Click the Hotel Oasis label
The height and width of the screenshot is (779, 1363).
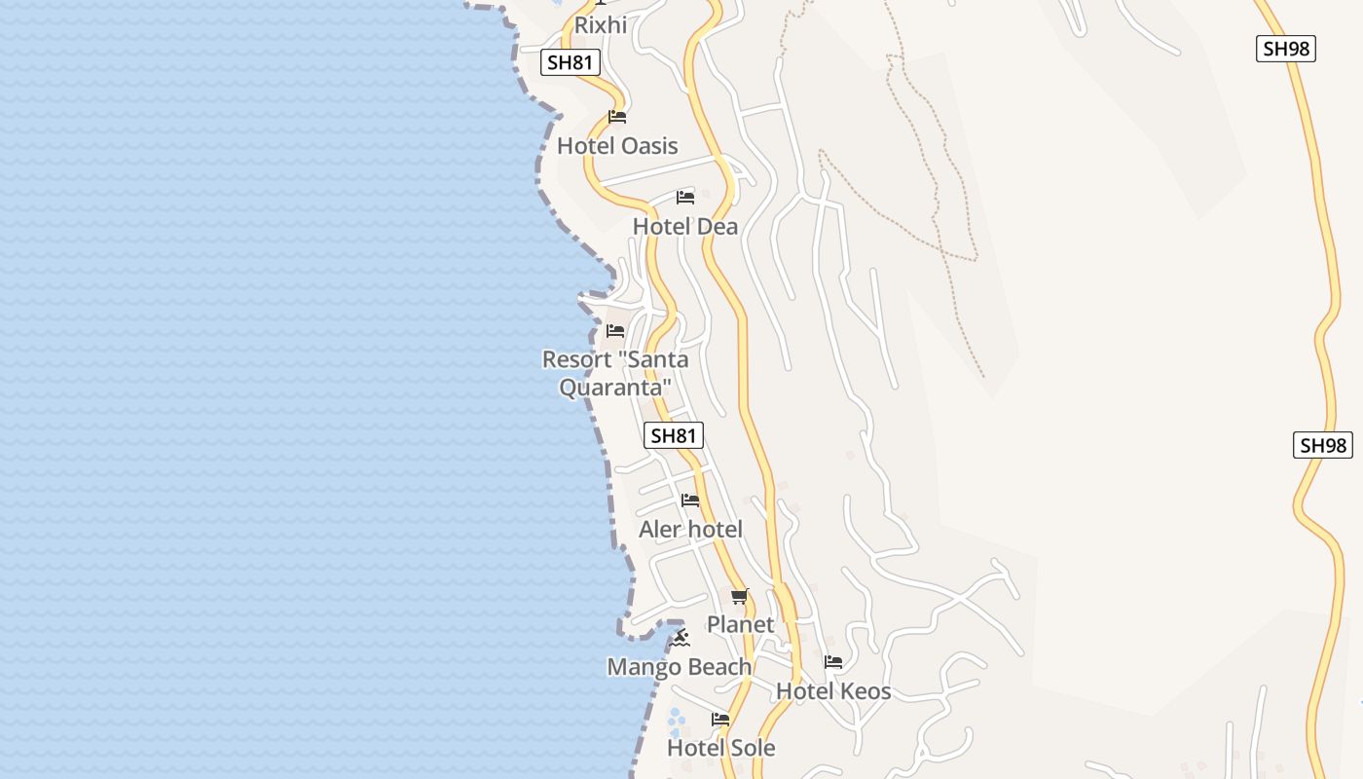click(x=617, y=146)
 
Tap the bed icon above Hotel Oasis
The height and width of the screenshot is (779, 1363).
click(x=617, y=117)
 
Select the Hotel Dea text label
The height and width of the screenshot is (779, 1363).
click(x=685, y=227)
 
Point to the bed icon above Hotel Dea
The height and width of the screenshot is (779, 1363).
click(x=685, y=198)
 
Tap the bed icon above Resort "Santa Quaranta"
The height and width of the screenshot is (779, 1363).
click(x=615, y=331)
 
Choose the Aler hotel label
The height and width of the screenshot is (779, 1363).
click(x=690, y=530)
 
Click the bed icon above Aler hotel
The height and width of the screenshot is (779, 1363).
click(x=690, y=501)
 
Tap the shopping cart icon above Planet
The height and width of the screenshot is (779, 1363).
click(x=740, y=596)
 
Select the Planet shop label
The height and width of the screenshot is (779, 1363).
click(x=740, y=624)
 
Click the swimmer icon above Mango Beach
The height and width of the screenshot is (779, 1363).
click(x=680, y=639)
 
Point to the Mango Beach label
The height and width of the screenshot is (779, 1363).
click(x=680, y=667)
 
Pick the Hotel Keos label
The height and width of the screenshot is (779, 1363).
click(x=833, y=691)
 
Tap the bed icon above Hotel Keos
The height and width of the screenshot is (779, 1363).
click(x=833, y=662)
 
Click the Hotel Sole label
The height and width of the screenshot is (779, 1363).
click(x=721, y=748)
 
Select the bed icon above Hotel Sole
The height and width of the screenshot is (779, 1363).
click(x=720, y=720)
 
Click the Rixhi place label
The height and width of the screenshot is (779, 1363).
click(x=601, y=25)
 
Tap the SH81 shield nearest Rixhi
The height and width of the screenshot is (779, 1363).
click(x=571, y=63)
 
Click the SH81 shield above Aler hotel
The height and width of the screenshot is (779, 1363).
click(x=674, y=435)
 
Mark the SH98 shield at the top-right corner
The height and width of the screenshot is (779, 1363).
click(x=1286, y=49)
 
